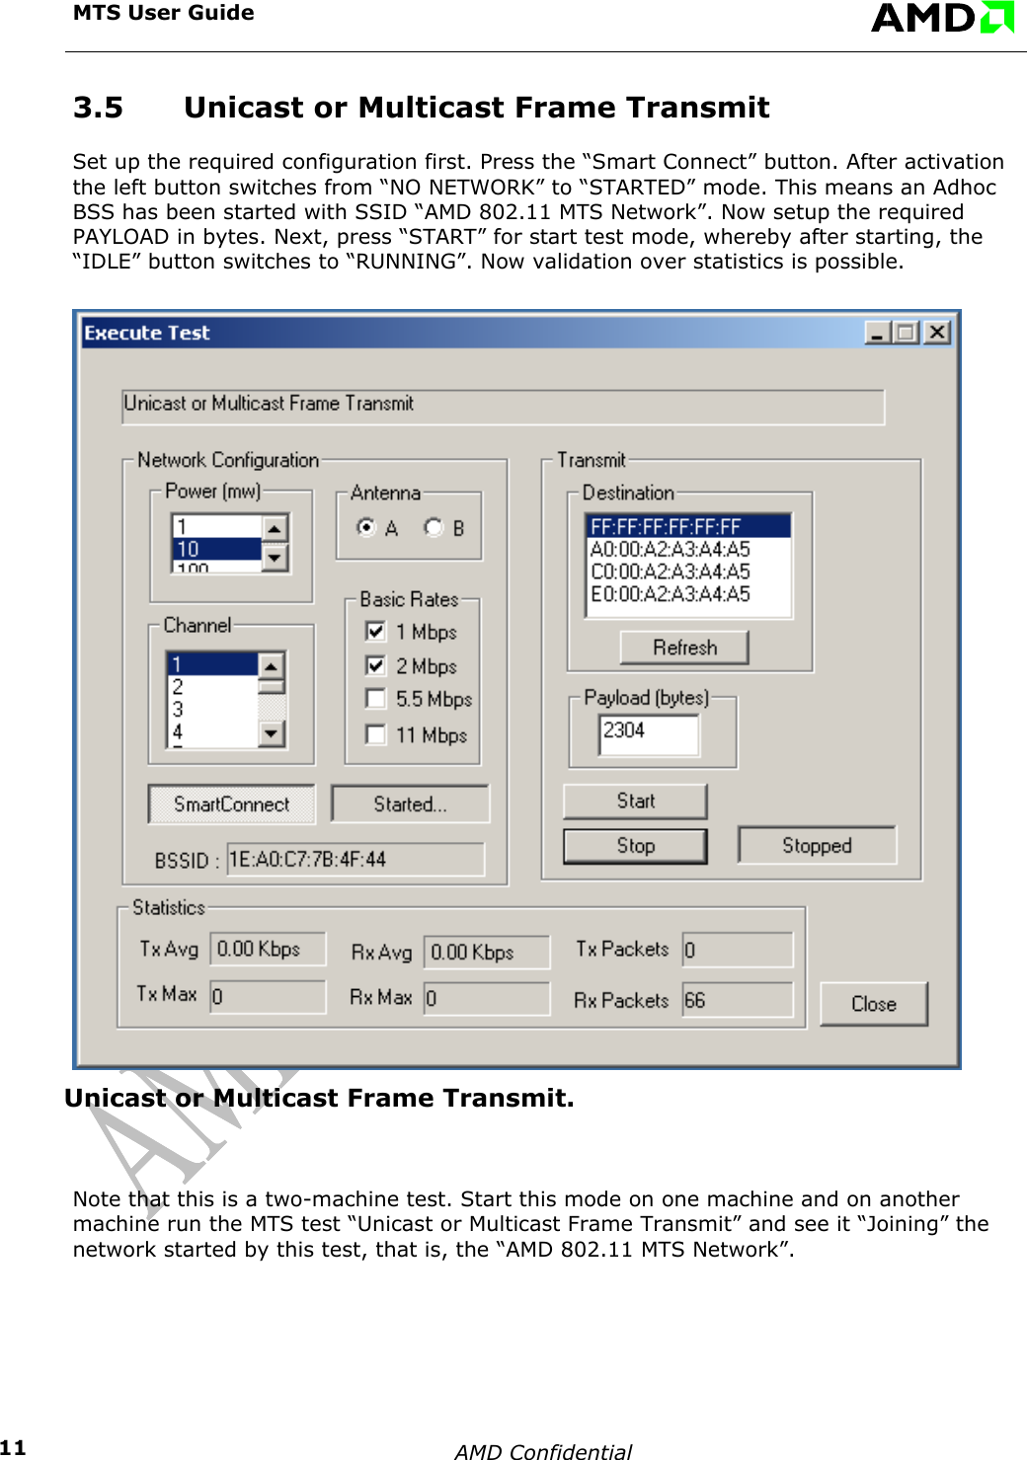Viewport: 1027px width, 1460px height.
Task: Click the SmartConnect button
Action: pos(231,804)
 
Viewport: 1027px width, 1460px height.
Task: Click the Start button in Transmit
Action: pos(635,801)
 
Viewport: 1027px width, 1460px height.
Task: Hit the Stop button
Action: pos(635,846)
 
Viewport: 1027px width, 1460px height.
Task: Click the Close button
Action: pos(873,1004)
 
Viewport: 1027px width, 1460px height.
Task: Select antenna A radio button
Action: pos(366,527)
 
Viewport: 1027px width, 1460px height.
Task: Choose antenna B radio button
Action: pos(434,527)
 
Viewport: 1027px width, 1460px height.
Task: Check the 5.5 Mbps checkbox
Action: pos(375,699)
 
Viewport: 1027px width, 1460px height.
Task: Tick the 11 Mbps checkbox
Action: pos(375,734)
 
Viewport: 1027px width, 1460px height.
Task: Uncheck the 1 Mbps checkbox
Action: pos(375,631)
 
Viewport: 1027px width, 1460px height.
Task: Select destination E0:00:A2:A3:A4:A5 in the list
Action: pos(671,594)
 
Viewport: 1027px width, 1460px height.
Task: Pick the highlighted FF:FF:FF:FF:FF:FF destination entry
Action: pos(667,526)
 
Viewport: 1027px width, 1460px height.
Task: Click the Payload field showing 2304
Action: pos(648,733)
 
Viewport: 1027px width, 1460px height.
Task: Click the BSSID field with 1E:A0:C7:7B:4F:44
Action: pos(355,859)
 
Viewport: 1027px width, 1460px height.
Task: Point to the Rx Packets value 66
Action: pos(737,1000)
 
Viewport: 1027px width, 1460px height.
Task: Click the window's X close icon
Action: pos(936,333)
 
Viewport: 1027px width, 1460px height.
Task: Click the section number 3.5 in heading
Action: pos(98,108)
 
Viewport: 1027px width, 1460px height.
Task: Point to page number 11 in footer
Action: pos(13,1447)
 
